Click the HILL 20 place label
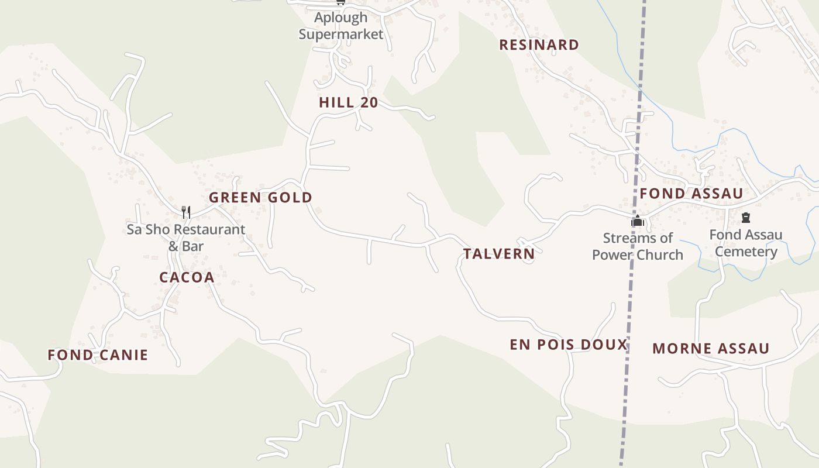point(348,103)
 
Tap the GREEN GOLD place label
point(260,198)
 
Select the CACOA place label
point(187,277)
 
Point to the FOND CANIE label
point(98,355)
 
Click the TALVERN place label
point(499,254)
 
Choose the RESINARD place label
point(539,45)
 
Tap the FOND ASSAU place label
point(691,194)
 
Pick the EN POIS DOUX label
point(569,345)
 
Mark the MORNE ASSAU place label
point(711,349)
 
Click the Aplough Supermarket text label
point(341,26)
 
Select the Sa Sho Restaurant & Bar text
point(186,238)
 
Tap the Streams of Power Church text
point(638,246)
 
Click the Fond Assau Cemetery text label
point(746,243)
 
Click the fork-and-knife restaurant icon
point(186,212)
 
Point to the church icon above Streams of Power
point(637,221)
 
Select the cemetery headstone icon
point(746,218)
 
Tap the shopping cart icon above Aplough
point(341,2)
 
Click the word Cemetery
point(746,252)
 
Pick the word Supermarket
point(341,34)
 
